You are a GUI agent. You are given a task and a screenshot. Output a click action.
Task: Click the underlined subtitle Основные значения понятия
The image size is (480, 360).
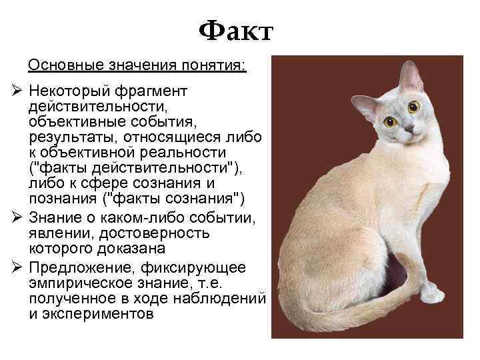pyautogui.click(x=137, y=66)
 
